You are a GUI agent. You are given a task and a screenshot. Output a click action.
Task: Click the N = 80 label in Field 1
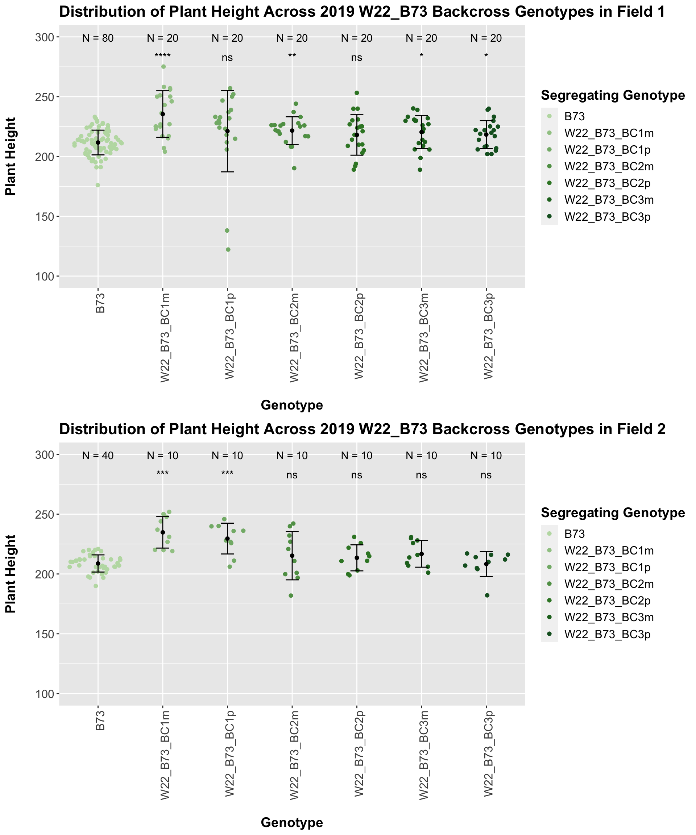(98, 38)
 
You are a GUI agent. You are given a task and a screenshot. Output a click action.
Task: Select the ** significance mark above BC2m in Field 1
(292, 56)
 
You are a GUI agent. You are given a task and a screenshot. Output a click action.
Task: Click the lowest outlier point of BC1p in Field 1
(228, 250)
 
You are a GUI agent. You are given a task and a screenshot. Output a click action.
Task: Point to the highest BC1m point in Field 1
(163, 67)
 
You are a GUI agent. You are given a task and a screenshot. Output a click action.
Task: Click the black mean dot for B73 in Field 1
(98, 142)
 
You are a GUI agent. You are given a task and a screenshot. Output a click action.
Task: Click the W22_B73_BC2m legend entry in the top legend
(609, 167)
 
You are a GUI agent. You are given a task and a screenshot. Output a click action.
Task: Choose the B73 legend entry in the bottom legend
(574, 534)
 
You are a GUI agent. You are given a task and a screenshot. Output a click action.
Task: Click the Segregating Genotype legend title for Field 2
(613, 513)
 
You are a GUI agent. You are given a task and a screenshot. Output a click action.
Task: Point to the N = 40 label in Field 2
(98, 456)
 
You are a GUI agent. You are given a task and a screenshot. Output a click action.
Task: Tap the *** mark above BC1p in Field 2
(227, 474)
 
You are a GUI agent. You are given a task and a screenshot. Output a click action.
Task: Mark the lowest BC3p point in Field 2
(487, 595)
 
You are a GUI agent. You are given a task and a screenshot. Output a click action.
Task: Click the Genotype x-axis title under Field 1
(291, 405)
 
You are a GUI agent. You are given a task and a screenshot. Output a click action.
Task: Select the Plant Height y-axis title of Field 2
(11, 574)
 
